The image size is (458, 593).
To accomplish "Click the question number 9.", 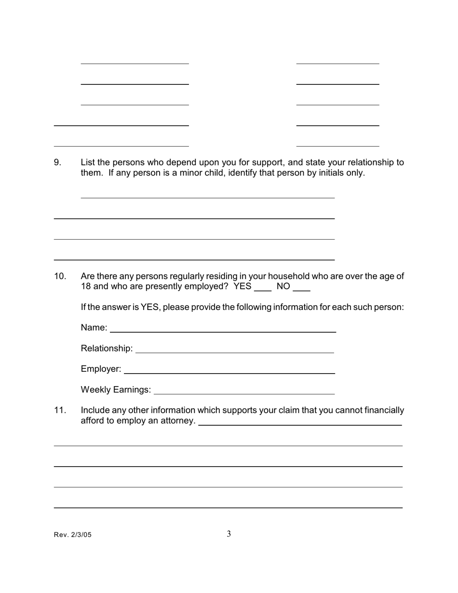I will [x=57, y=162].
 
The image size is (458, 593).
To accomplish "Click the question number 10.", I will [x=60, y=276].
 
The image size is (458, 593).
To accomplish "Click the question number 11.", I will [x=60, y=410].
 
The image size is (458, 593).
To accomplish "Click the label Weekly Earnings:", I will [x=116, y=390].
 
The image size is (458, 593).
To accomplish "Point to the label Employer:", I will [x=101, y=369].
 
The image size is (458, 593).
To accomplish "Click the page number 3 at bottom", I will [x=229, y=534].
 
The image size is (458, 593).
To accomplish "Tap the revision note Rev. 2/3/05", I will [x=72, y=535].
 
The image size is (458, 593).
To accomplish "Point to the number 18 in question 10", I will [x=86, y=286].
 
